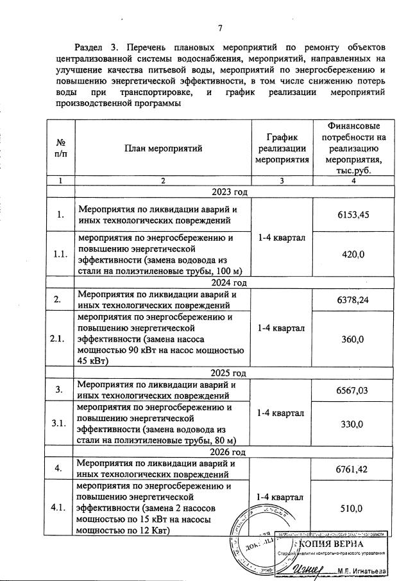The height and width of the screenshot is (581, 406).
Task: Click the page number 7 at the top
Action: [220, 28]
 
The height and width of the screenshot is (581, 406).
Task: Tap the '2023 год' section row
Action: [220, 191]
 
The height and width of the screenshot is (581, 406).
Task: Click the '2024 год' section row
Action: [220, 282]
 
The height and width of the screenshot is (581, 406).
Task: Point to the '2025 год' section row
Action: [220, 372]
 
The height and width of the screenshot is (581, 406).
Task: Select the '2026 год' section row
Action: [220, 452]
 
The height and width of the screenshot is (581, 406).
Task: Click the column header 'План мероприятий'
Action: [163, 148]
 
